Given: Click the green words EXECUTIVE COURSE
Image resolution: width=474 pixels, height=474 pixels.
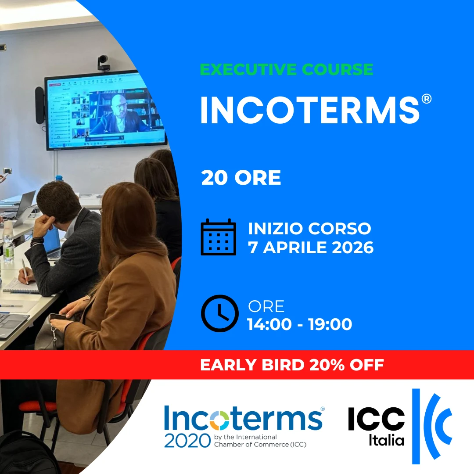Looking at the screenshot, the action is pyautogui.click(x=286, y=69).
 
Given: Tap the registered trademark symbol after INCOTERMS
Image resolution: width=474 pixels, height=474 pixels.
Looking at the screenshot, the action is pyautogui.click(x=426, y=99).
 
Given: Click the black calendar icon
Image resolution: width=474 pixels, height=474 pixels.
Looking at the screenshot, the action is pyautogui.click(x=218, y=237).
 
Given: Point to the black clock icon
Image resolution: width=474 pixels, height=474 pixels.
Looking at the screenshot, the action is pyautogui.click(x=220, y=313).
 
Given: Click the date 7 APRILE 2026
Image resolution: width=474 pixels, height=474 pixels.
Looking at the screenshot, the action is pyautogui.click(x=311, y=248).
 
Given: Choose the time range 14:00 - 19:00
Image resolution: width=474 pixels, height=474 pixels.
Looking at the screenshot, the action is pyautogui.click(x=300, y=324).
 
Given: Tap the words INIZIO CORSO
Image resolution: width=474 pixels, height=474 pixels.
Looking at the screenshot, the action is pyautogui.click(x=309, y=229).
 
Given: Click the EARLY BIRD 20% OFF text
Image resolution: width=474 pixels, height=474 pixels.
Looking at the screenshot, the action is pyautogui.click(x=292, y=365).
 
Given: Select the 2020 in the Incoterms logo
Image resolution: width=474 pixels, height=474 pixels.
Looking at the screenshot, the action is pyautogui.click(x=187, y=441).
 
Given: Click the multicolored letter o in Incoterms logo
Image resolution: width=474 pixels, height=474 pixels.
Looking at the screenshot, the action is pyautogui.click(x=220, y=420).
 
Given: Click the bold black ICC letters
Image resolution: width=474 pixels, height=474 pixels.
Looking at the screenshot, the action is pyautogui.click(x=377, y=418).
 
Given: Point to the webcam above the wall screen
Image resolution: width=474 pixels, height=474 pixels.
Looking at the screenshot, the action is pyautogui.click(x=103, y=63).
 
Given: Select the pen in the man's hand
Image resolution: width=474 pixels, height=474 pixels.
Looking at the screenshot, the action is pyautogui.click(x=25, y=272).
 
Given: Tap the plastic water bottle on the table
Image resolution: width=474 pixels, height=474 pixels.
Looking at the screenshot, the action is pyautogui.click(x=8, y=242).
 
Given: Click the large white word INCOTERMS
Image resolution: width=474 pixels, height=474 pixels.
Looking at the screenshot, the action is pyautogui.click(x=310, y=110).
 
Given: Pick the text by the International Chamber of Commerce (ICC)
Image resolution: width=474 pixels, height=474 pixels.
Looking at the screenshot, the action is pyautogui.click(x=260, y=441).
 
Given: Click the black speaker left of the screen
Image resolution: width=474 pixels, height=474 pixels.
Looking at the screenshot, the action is pyautogui.click(x=39, y=105).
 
